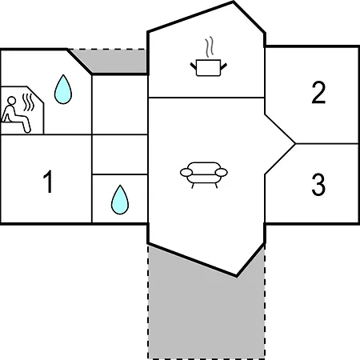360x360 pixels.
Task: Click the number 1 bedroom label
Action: tap(48, 182)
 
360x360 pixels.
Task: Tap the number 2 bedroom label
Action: tap(318, 92)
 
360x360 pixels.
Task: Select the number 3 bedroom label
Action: tap(318, 185)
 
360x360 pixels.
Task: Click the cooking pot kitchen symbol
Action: tap(208, 68)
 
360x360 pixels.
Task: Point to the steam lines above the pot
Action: tap(209, 47)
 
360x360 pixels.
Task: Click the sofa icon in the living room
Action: tap(204, 175)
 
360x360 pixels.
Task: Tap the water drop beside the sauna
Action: tap(63, 89)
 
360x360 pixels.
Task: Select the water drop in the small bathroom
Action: tap(120, 200)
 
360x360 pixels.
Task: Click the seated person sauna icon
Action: tap(16, 114)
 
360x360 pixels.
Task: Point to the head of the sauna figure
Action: tap(11, 101)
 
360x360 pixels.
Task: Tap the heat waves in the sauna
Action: tap(28, 102)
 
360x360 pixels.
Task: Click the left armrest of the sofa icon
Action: tap(186, 172)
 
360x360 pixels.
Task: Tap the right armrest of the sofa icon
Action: tap(222, 173)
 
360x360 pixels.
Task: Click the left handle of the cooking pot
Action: tap(193, 66)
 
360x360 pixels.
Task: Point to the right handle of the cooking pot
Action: tap(223, 66)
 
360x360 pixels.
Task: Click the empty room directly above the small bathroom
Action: tap(120, 154)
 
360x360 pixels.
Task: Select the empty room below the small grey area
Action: tap(120, 105)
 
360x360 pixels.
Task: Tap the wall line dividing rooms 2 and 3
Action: tap(327, 144)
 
